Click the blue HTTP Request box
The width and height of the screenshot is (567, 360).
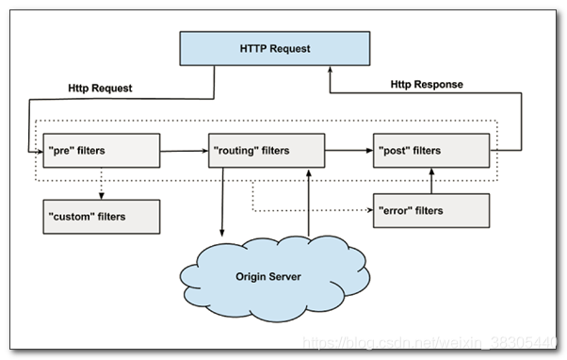275,48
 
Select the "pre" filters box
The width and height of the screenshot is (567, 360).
102,151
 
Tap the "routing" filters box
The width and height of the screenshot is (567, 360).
267,151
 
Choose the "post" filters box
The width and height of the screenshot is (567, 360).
431,151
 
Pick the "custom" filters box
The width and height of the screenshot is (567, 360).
102,217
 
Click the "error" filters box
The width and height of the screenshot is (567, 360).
431,210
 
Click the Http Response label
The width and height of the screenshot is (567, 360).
427,84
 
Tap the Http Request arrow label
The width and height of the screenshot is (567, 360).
100,88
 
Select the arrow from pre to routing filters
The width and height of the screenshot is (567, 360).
184,151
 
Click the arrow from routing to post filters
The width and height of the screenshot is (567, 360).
348,151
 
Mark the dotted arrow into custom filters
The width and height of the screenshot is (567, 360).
102,184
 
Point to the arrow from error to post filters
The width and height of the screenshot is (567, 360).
431,181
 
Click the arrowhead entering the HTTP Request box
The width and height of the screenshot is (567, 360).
330,70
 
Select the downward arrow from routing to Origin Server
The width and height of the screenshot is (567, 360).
222,203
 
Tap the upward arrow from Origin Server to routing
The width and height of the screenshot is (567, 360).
308,204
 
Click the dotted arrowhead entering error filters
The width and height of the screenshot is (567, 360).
369,210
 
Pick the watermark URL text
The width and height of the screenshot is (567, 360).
429,342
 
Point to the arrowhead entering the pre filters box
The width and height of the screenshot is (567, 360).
40,152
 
